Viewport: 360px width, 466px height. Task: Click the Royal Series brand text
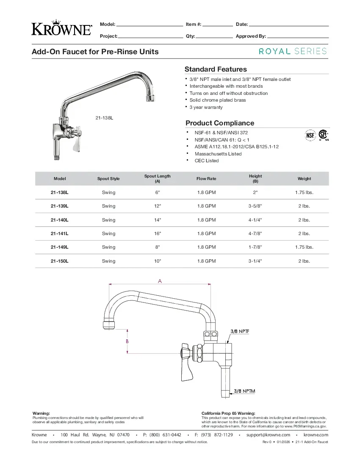click(293, 51)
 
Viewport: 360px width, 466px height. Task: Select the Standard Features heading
click(216, 69)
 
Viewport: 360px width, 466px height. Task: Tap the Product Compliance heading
click(220, 123)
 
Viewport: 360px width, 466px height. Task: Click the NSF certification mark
click(310, 136)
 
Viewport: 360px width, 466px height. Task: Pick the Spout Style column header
click(108, 179)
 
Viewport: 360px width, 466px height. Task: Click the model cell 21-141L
click(59, 233)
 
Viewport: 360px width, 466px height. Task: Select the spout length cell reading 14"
click(158, 220)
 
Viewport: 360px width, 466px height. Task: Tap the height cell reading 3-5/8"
click(255, 206)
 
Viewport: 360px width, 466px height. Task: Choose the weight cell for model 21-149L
click(304, 247)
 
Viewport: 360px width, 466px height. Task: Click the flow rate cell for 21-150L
click(206, 261)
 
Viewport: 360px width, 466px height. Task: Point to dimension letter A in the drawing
click(160, 281)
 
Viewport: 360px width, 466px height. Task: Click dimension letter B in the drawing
click(127, 341)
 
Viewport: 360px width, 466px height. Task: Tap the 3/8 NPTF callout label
click(239, 331)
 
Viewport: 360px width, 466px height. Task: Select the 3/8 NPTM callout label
click(245, 391)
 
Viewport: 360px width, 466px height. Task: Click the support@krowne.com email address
click(268, 435)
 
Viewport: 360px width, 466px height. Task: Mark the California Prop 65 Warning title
click(228, 413)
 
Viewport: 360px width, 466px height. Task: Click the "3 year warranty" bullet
click(206, 107)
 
